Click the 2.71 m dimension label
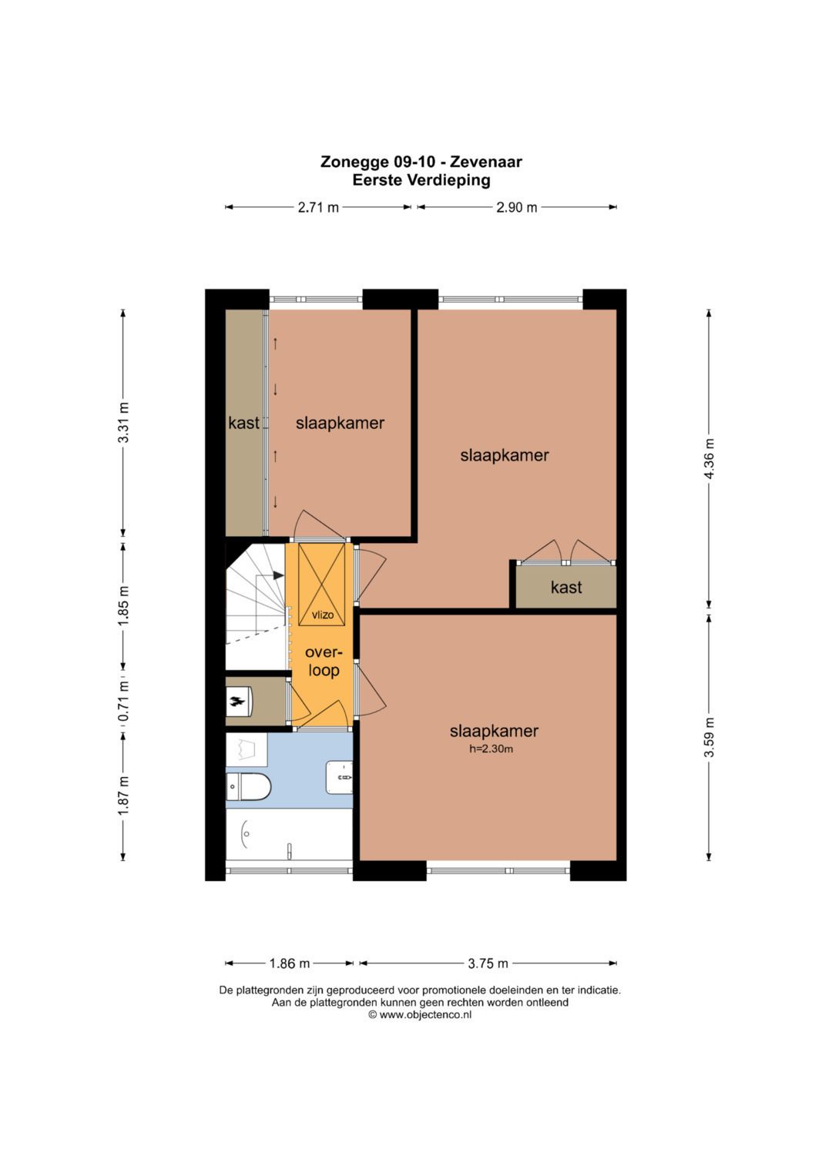click(318, 207)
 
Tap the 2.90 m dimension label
click(517, 207)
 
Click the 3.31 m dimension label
click(123, 422)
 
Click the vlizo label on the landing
click(323, 615)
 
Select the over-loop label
click(324, 662)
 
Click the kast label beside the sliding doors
click(243, 423)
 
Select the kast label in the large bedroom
click(566, 587)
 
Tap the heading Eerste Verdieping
click(421, 181)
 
